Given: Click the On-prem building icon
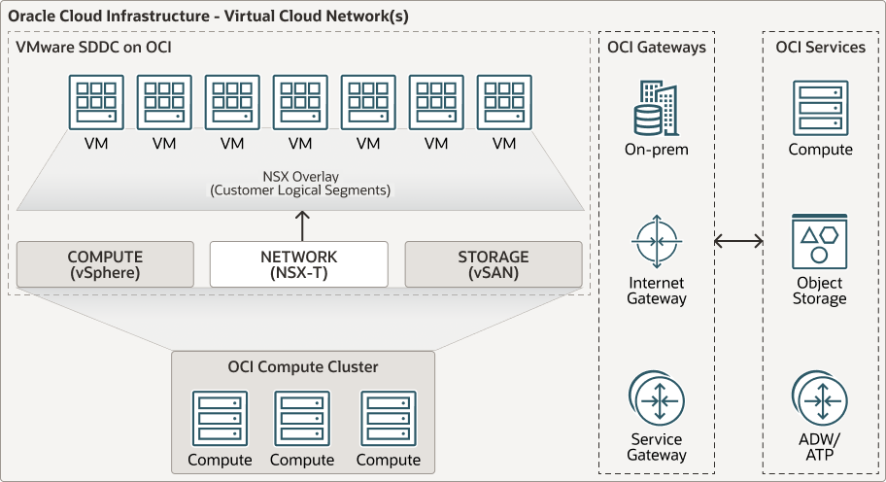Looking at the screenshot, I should [x=657, y=109].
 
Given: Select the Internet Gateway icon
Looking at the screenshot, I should [x=657, y=241].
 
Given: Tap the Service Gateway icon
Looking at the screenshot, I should [x=657, y=398].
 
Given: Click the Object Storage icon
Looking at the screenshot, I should [x=820, y=242].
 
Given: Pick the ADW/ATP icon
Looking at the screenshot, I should [x=820, y=398].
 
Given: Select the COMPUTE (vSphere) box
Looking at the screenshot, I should [x=105, y=264].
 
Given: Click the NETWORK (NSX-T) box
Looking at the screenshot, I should [x=299, y=264].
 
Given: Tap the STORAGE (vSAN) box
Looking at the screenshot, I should [x=494, y=264].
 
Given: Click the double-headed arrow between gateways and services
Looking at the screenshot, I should [x=738, y=241].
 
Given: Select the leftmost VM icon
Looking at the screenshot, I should [x=96, y=102].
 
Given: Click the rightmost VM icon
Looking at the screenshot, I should [x=504, y=102].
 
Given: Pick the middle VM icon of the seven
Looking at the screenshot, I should [x=300, y=102].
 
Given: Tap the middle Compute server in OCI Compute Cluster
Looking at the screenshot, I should [x=302, y=419].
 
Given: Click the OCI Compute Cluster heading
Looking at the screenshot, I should [x=303, y=366].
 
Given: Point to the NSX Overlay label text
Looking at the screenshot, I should [x=300, y=184].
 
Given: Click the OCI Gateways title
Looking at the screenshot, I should [x=657, y=47].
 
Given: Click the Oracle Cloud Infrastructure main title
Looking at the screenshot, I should [x=208, y=17].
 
